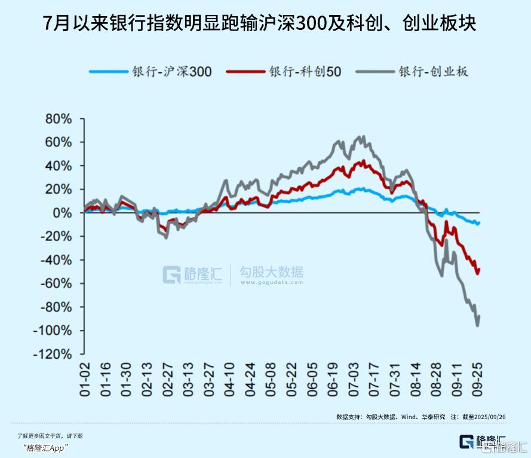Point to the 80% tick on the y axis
[59, 119]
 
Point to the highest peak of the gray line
[363, 136]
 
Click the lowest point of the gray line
[477, 326]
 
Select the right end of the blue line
[480, 222]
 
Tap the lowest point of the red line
[477, 274]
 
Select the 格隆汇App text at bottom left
[46, 448]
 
